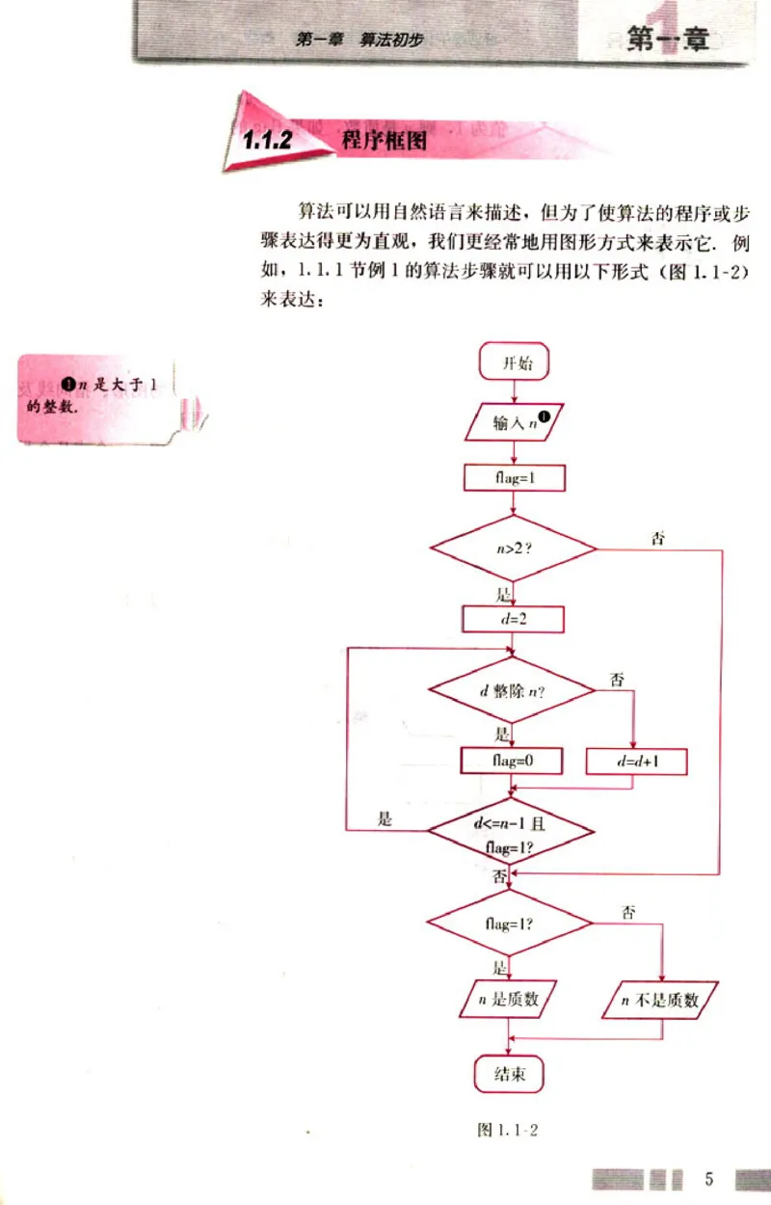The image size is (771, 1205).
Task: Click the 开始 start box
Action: [x=513, y=363]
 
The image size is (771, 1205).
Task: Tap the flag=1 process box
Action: [x=513, y=477]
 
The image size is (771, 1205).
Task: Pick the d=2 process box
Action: [x=513, y=618]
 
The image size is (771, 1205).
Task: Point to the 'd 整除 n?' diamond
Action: [x=512, y=691]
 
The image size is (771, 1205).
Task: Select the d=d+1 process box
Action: [x=637, y=761]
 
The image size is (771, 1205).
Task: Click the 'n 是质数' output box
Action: [x=508, y=1000]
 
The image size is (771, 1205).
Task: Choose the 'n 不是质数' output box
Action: [x=663, y=1001]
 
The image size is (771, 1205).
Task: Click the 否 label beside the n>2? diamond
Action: [x=658, y=538]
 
